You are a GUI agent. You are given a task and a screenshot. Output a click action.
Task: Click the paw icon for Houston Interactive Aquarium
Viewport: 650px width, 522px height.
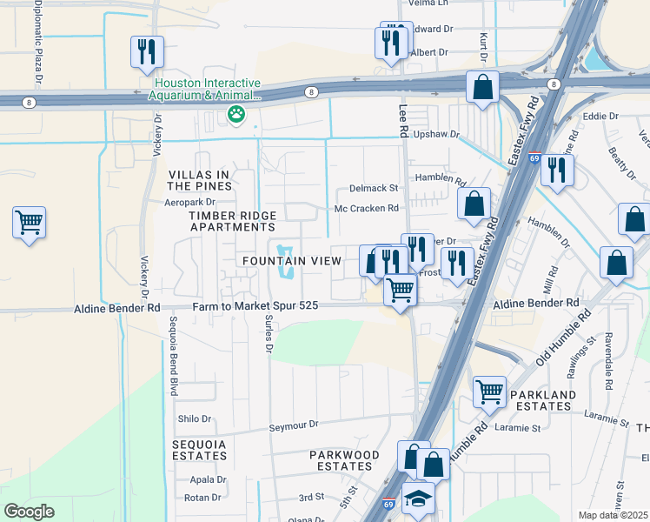click(235, 113)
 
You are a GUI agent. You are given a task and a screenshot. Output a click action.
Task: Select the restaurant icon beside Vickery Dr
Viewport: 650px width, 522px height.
click(146, 51)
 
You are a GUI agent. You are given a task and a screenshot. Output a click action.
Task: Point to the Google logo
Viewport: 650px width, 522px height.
click(29, 512)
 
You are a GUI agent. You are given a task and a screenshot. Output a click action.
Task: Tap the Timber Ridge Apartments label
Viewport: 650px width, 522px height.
click(232, 221)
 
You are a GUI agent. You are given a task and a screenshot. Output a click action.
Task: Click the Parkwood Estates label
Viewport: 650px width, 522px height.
click(345, 461)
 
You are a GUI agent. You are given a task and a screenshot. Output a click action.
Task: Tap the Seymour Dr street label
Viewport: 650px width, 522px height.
click(294, 425)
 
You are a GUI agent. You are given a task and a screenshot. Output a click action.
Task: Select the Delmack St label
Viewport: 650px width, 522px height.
click(373, 188)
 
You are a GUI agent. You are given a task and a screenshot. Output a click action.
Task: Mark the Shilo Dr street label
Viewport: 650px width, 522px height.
click(195, 418)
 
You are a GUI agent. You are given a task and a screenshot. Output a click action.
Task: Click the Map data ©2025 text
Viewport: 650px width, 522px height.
click(612, 515)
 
